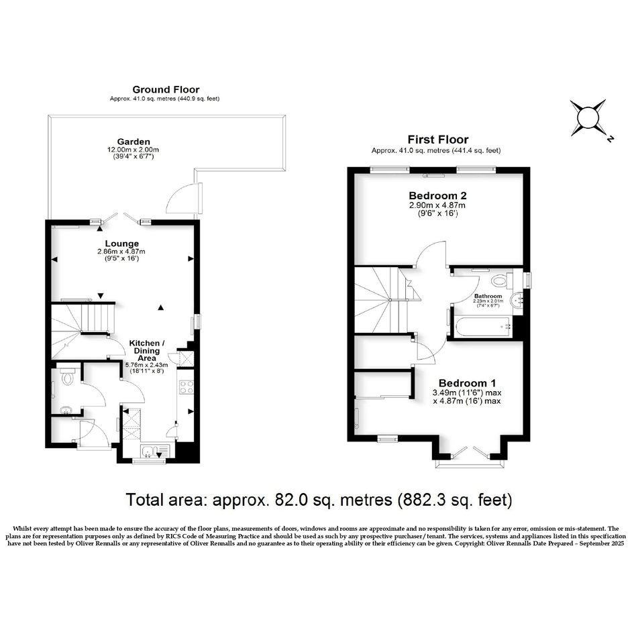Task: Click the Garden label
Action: (x=134, y=142)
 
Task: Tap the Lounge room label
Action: (x=121, y=244)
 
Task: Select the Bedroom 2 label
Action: (x=437, y=196)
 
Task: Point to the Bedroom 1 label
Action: (x=467, y=383)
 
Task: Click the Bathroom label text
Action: (x=488, y=296)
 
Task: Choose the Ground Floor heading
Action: (x=166, y=89)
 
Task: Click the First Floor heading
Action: (x=438, y=140)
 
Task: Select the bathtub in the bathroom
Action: (x=483, y=327)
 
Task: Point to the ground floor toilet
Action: (x=66, y=374)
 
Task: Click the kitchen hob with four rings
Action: (x=186, y=387)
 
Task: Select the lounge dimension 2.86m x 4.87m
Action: (x=121, y=252)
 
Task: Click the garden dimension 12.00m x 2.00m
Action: (x=133, y=150)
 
